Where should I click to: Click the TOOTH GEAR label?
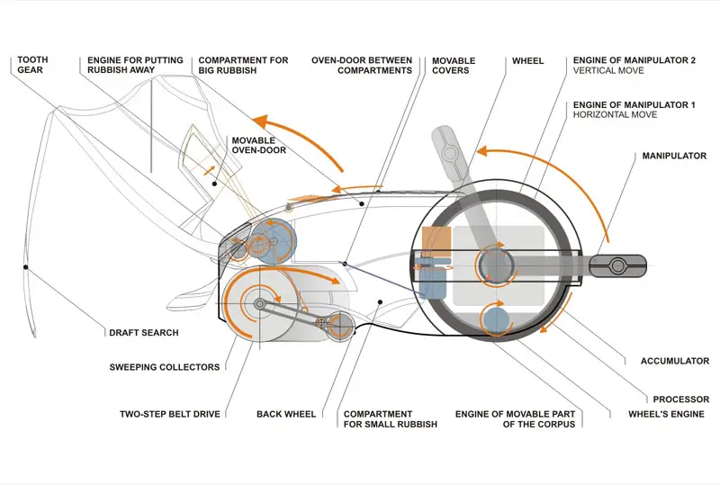pos(32,65)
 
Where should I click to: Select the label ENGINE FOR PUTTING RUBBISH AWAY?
pos(135,65)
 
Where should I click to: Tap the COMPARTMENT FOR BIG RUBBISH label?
pos(243,65)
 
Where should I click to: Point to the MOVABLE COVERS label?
pos(454,65)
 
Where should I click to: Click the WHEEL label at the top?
pos(527,60)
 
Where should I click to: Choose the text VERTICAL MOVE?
pos(608,70)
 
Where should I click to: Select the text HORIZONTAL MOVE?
pos(615,114)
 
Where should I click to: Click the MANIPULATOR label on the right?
pos(674,156)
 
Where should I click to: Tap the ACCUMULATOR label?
pos(675,361)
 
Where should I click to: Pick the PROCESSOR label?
pos(681,400)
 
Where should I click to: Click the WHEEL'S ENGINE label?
pos(666,414)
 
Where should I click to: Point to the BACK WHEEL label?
pos(286,414)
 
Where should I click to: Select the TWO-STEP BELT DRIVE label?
pos(170,414)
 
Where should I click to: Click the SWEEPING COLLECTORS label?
pos(165,367)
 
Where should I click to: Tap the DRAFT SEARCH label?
pos(144,333)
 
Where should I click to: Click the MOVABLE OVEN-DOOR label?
pos(259,145)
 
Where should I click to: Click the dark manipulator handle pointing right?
pos(617,265)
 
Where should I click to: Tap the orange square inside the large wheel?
pos(436,241)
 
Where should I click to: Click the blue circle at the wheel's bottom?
pos(496,320)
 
